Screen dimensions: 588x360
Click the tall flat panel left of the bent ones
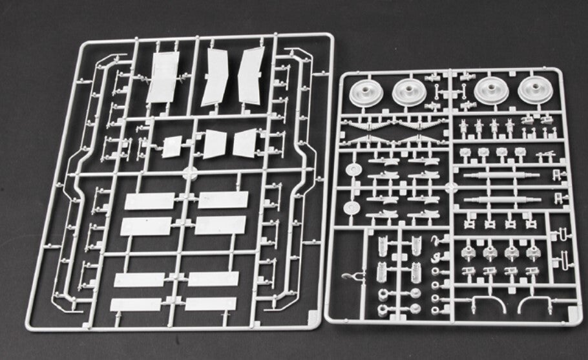[x=165, y=78]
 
